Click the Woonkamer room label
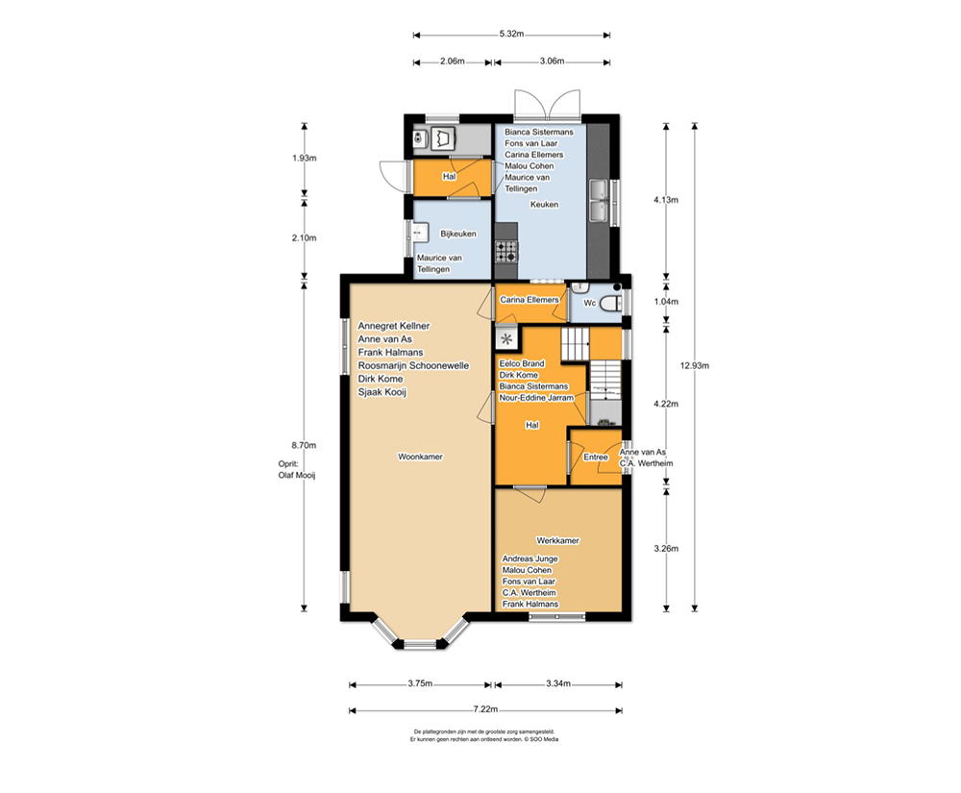(421, 457)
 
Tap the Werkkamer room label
(557, 540)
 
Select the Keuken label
(544, 205)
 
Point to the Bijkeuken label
(457, 235)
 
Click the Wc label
(590, 303)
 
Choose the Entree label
(596, 458)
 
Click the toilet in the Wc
(609, 303)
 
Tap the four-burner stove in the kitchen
(506, 251)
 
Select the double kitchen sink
(599, 200)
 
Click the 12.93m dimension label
(695, 366)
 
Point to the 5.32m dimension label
(512, 34)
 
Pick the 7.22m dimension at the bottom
(485, 709)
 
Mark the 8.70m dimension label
(304, 446)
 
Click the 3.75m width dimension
(421, 683)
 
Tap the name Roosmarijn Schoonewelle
(413, 366)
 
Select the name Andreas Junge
(530, 558)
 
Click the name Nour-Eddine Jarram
(536, 398)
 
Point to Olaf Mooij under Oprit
(297, 475)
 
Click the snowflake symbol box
(506, 338)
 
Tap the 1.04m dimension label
(666, 302)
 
